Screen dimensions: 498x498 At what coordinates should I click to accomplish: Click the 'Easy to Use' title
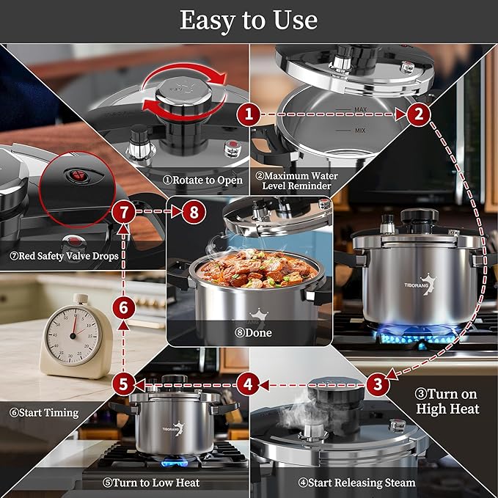pos(249,20)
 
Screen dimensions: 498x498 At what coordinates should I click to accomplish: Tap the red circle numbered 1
pos(249,114)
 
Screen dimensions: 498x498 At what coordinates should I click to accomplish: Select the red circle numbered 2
pos(418,114)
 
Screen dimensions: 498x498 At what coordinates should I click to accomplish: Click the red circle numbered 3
pos(377,383)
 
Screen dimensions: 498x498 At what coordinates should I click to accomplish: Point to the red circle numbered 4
pos(249,383)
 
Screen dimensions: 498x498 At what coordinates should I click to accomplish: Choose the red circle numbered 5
pos(123,383)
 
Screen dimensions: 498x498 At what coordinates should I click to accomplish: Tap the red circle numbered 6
pos(123,308)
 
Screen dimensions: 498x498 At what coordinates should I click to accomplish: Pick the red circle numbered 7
pos(123,213)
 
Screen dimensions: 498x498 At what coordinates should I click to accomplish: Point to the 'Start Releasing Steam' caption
pos(356,483)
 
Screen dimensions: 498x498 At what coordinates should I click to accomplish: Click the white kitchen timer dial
pos(72,334)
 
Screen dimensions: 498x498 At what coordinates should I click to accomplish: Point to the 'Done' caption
pos(249,332)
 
